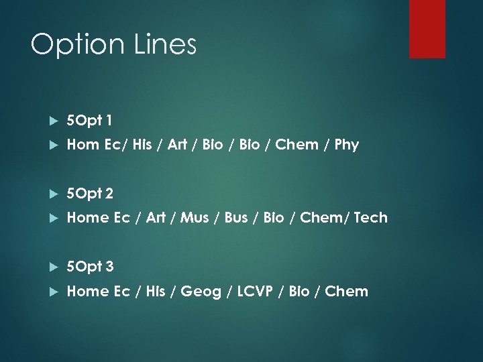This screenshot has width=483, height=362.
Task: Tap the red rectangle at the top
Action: pos(427,28)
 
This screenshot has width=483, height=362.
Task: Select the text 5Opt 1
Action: pos(90,121)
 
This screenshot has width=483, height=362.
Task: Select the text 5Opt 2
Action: pos(91,194)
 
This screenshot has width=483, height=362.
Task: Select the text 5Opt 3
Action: pos(91,267)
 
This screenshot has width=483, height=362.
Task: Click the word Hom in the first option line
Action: pos(80,144)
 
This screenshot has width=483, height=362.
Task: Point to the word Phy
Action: pos(346,144)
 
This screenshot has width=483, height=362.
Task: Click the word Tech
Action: pos(370,217)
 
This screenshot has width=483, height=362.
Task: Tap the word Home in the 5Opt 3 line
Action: pos(85,291)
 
